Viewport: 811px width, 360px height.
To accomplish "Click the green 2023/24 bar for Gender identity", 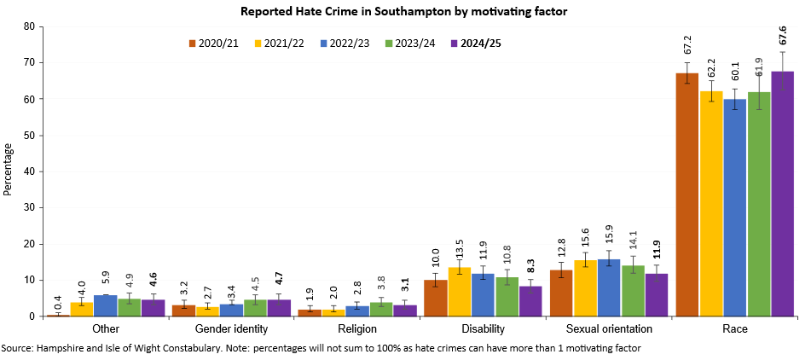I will point(255,308).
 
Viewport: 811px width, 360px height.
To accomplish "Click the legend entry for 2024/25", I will point(477,44).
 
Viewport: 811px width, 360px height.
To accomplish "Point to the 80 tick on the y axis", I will point(28,26).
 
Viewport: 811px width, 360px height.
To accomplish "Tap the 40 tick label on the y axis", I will point(28,171).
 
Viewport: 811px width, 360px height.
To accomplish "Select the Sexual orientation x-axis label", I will point(609,328).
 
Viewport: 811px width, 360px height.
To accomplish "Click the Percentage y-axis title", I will point(9,171).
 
